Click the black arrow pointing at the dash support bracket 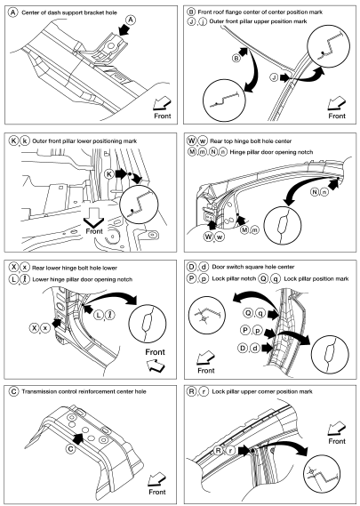coord(124,30)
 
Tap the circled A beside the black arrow coord(131,20)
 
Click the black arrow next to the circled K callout coord(120,174)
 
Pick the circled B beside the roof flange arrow coord(236,58)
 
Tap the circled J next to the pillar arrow coord(274,77)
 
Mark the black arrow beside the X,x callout coord(58,323)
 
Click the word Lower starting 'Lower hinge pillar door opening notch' coord(40,279)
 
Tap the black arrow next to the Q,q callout coord(273,315)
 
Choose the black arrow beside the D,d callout coord(268,348)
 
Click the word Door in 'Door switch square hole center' coord(218,267)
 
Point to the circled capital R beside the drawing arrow coord(219,450)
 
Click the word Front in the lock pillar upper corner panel coord(337,441)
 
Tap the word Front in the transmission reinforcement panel coord(157,492)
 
